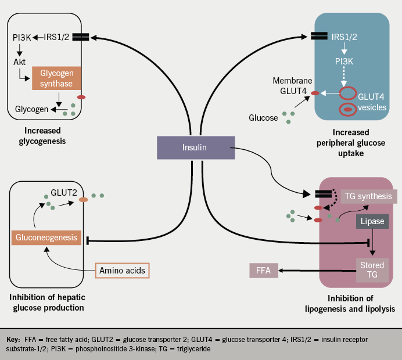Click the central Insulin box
[195, 147]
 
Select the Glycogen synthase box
[56, 78]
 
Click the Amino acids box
[121, 271]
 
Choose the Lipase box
[372, 222]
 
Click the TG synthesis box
[368, 196]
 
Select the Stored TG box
[372, 269]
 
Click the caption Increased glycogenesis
[44, 136]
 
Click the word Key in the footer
[13, 339]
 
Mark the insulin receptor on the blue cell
[319, 36]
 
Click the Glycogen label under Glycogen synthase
[31, 109]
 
